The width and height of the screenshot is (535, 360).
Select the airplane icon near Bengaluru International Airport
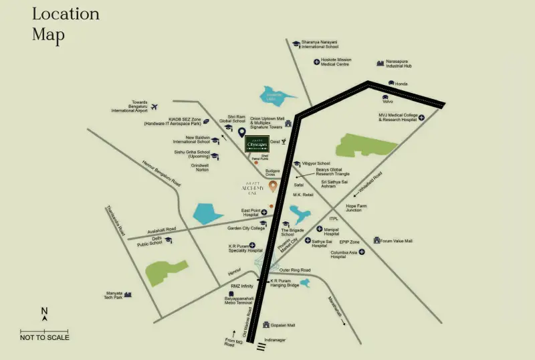155,106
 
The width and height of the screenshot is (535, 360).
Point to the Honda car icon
391,83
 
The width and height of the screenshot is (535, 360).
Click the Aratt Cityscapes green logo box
257,144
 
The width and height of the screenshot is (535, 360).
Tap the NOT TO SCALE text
45,337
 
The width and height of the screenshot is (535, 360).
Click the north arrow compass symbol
45,314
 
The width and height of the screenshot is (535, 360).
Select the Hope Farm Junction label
354,208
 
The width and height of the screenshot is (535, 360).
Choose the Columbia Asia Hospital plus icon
362,252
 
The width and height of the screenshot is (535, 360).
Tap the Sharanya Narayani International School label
319,44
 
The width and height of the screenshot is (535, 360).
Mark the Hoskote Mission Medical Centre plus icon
316,62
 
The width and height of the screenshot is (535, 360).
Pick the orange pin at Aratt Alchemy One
273,185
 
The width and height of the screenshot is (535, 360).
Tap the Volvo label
387,101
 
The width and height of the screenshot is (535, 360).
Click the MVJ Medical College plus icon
423,116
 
